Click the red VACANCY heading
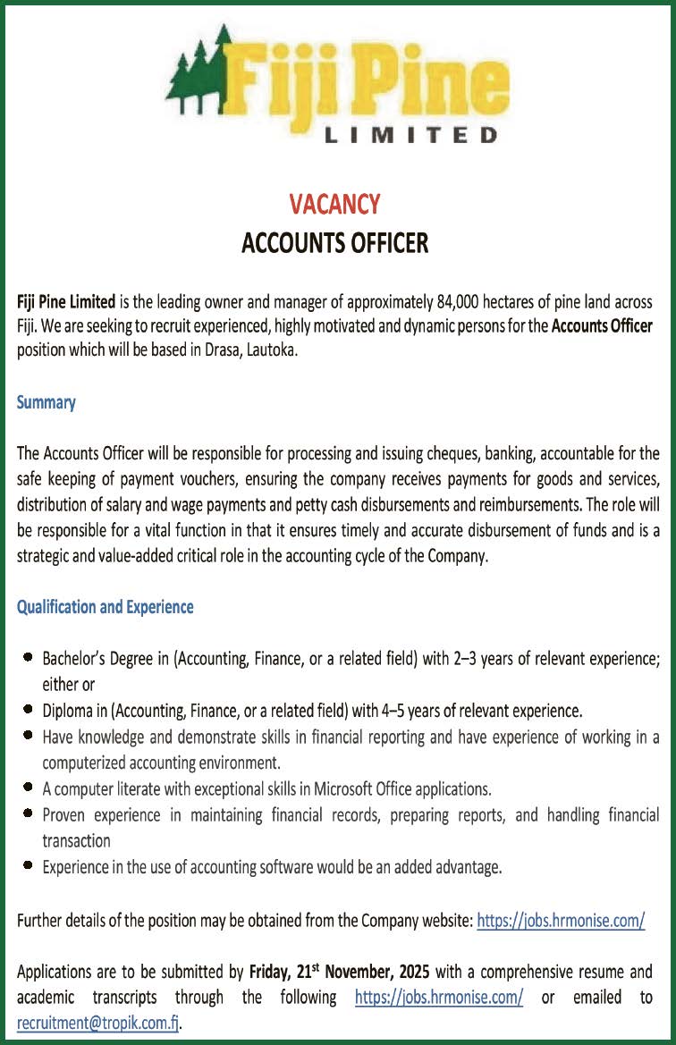[x=334, y=205]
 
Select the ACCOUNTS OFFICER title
[x=334, y=242]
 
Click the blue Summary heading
[x=46, y=402]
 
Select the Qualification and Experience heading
[x=106, y=607]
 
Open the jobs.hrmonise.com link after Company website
[x=561, y=920]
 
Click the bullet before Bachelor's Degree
[x=29, y=660]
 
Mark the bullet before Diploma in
[x=29, y=712]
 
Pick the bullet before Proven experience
[x=29, y=815]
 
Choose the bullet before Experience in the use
[x=29, y=866]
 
